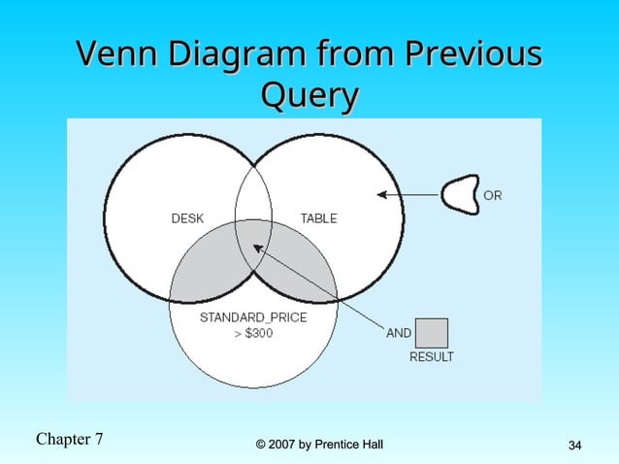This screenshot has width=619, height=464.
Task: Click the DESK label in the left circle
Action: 187,218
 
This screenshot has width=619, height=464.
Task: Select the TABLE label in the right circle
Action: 318,218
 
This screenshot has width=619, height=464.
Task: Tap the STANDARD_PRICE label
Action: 253,317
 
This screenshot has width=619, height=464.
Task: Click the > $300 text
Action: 253,333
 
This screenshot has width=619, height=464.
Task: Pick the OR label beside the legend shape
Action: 493,196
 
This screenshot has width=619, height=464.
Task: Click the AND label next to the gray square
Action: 399,333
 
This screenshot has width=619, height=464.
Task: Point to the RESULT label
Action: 431,357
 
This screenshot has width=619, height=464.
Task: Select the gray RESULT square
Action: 431,333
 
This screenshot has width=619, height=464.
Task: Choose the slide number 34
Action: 574,446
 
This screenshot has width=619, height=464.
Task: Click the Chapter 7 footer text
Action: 69,439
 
